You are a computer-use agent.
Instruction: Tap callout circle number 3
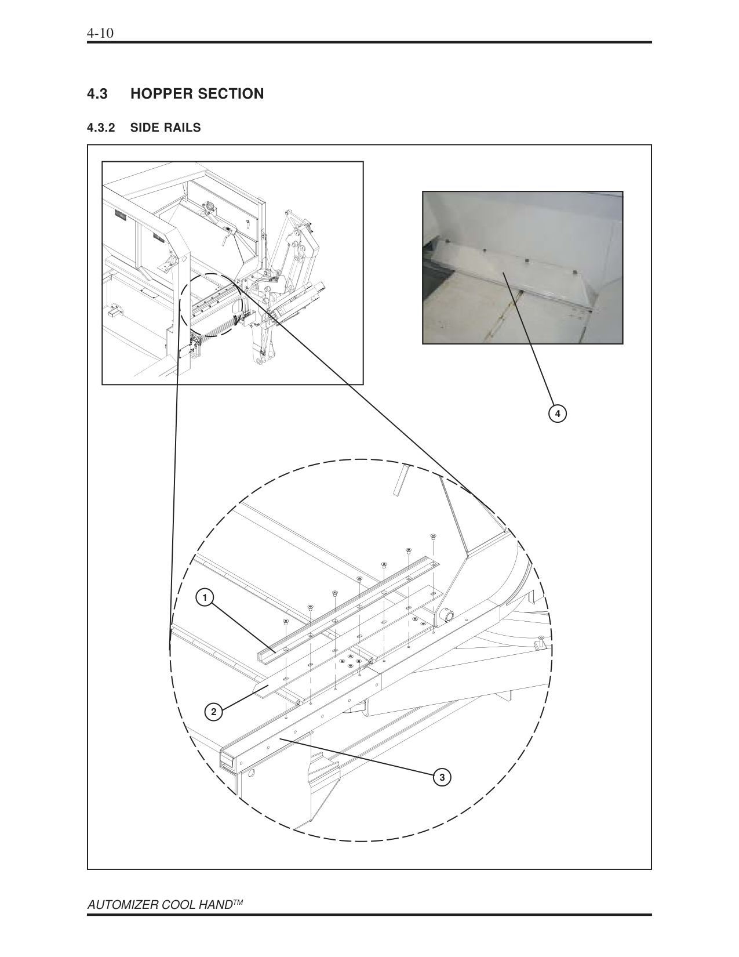pyautogui.click(x=442, y=777)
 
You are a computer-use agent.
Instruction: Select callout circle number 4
pyautogui.click(x=557, y=414)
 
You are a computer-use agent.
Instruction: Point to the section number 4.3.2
pyautogui.click(x=102, y=128)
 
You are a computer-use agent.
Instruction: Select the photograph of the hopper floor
pyautogui.click(x=522, y=267)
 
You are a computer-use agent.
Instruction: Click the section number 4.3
pyautogui.click(x=97, y=93)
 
